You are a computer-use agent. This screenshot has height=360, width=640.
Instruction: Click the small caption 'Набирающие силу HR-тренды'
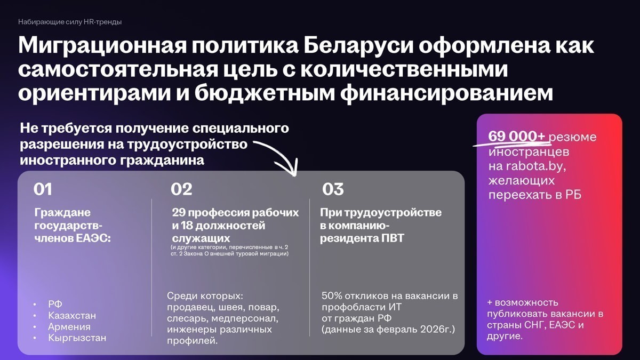tap(70, 22)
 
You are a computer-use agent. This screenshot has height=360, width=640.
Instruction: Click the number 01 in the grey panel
tap(43, 189)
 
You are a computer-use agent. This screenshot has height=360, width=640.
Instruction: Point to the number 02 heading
tap(181, 189)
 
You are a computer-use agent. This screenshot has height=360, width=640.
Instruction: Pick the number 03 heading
tap(333, 189)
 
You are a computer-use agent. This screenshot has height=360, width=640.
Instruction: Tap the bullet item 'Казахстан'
tap(72, 315)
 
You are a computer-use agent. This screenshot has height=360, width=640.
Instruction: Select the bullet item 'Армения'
tap(69, 326)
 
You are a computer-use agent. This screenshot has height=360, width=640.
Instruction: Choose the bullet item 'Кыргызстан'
tap(77, 338)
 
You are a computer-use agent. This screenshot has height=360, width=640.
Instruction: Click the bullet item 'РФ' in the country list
tap(55, 304)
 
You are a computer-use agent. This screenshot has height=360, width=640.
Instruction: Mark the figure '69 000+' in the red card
tap(517, 137)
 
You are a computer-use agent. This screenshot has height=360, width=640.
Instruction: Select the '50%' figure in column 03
tap(332, 295)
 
